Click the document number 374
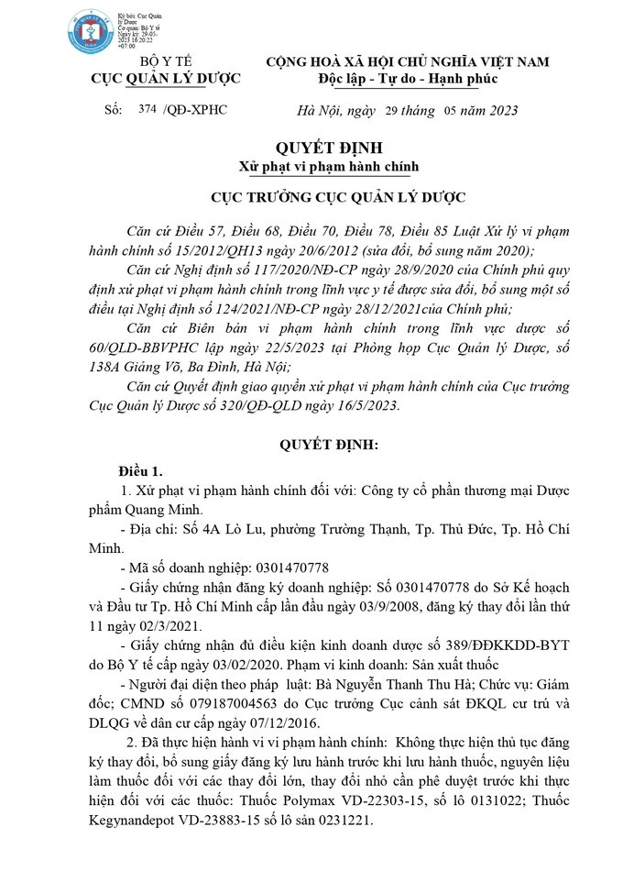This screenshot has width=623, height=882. (147, 110)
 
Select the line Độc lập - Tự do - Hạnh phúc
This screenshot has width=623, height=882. (408, 79)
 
